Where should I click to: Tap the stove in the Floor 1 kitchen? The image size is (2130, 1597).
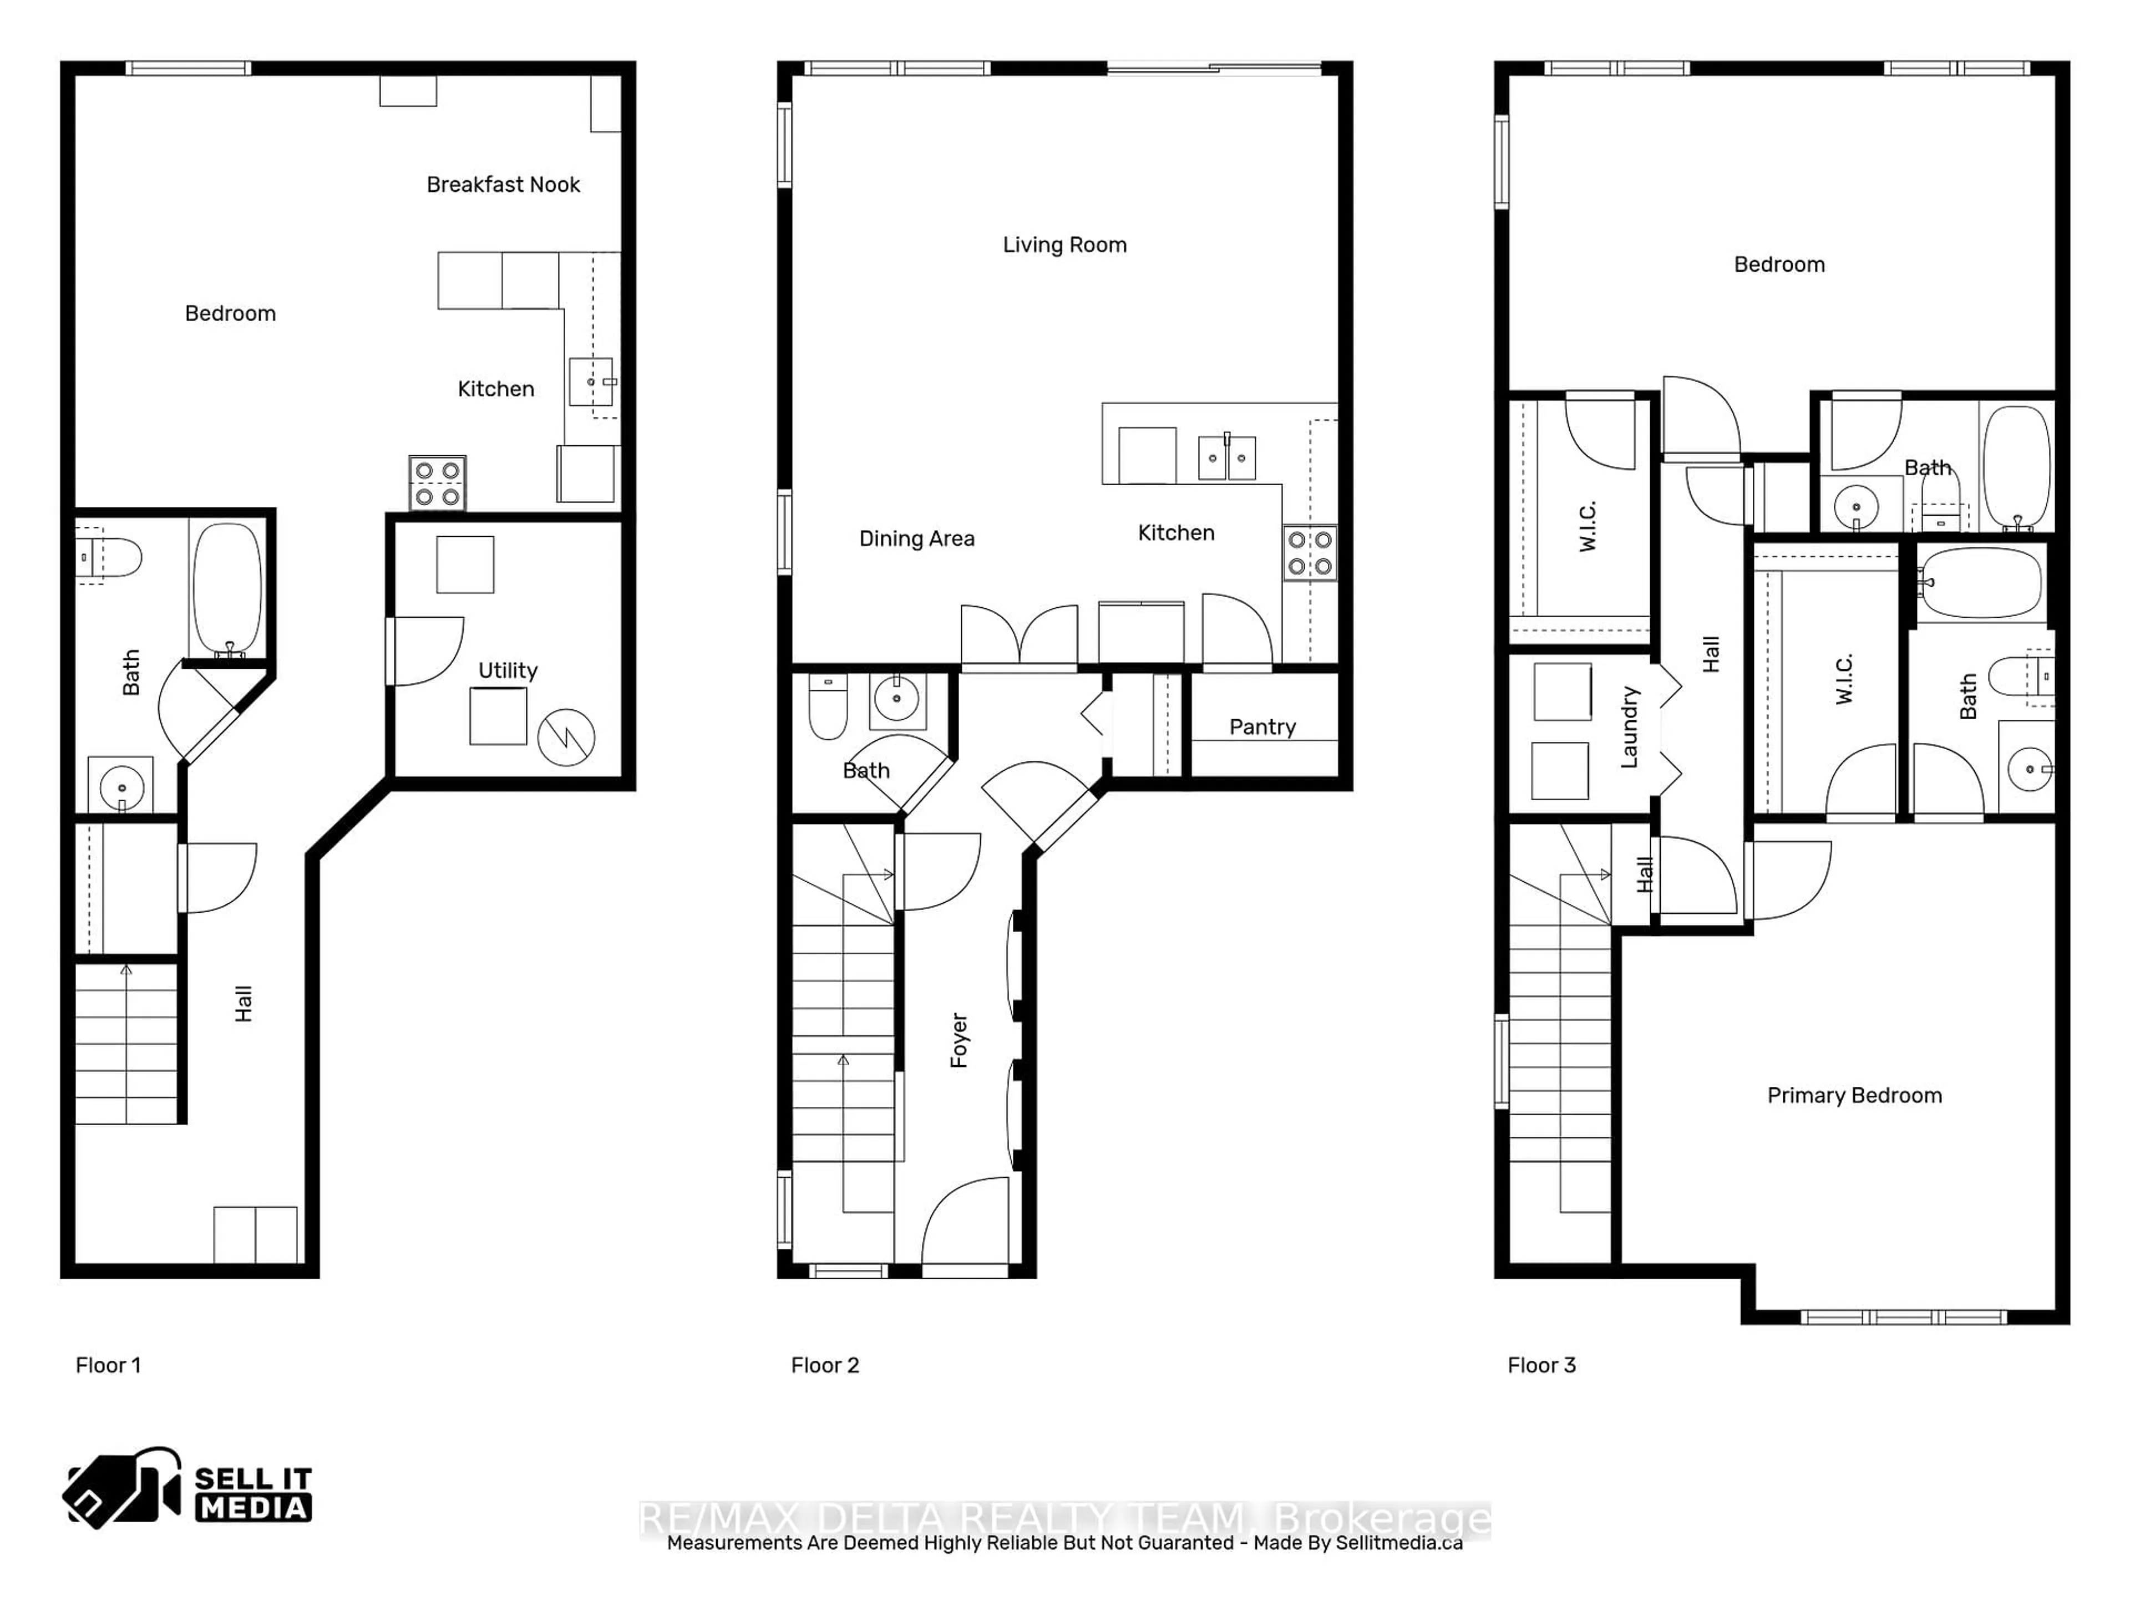(x=437, y=483)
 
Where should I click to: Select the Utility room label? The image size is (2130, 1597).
(x=508, y=671)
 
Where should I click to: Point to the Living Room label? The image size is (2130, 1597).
(x=1064, y=246)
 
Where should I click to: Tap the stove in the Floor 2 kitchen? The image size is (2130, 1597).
(x=1310, y=552)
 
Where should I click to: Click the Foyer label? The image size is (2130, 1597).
(x=959, y=1040)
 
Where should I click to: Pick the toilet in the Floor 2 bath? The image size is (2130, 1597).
(x=827, y=708)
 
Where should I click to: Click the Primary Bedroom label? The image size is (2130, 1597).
(x=1854, y=1096)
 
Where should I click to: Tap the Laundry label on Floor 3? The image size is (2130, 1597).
(x=1629, y=727)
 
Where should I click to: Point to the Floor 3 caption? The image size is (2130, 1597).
(x=1541, y=1365)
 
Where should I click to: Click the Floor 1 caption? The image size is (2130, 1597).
(x=108, y=1365)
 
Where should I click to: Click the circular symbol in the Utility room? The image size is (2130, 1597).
(x=566, y=738)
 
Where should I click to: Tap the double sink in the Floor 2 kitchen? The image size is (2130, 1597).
(x=1227, y=458)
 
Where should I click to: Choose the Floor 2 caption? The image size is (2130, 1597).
(x=824, y=1365)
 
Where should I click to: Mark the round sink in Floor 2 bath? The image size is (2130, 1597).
(x=896, y=699)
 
